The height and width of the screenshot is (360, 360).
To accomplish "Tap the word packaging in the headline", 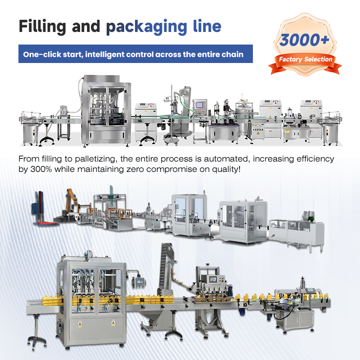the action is pyautogui.click(x=144, y=27).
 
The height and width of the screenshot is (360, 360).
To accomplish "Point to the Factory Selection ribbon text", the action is pyautogui.click(x=305, y=59).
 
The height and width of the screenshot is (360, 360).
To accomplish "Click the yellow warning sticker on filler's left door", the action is pyautogui.click(x=80, y=323).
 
